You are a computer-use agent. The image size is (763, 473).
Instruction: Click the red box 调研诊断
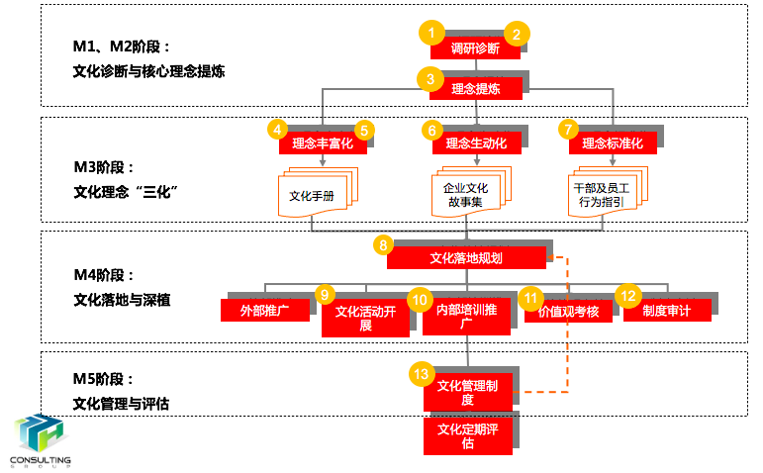point(475,48)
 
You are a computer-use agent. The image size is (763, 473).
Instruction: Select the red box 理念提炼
point(475,88)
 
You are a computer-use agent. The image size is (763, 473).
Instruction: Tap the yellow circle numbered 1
point(431,33)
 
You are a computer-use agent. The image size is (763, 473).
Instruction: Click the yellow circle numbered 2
point(517,33)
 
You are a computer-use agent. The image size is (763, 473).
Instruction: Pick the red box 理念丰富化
point(323,143)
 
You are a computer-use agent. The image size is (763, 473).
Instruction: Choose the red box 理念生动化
point(476,143)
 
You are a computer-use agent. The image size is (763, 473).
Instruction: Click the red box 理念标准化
point(613,143)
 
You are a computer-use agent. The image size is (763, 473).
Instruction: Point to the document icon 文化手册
point(313,195)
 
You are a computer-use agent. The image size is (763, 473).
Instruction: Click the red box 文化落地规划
point(466,257)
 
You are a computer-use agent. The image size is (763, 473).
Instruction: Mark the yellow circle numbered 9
point(325,295)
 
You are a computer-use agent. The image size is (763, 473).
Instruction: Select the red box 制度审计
point(665,311)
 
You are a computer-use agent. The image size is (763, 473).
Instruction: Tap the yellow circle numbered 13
point(423,373)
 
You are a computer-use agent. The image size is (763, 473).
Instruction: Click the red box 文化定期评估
point(468,436)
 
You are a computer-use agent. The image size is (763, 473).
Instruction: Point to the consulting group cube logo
point(40,436)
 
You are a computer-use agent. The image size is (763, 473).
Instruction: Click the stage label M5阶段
point(103,379)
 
